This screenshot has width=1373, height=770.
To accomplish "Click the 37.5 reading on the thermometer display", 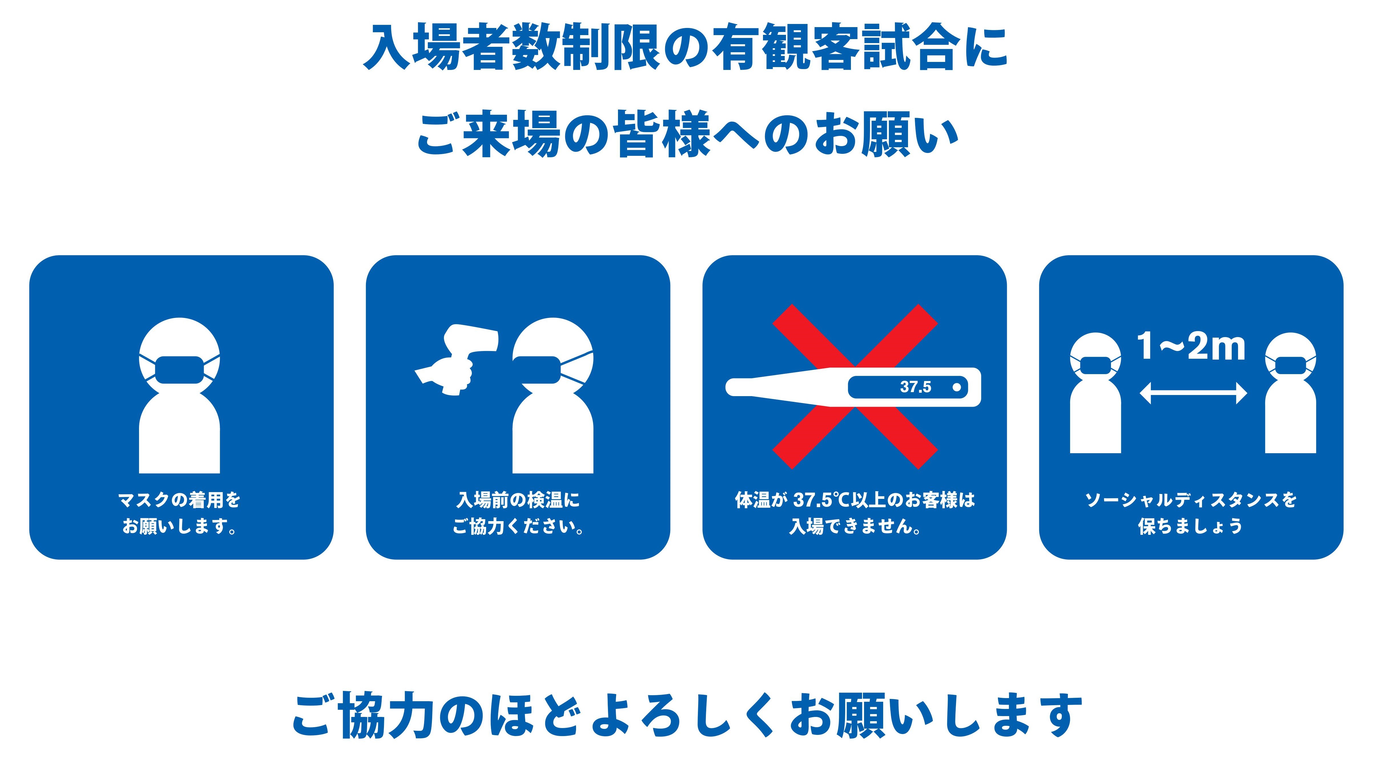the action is point(916,387).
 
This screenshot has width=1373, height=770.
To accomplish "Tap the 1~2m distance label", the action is point(1191,347).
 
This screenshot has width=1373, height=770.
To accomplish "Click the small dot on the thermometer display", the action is point(957,387).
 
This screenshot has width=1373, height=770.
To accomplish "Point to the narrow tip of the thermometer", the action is point(729,387).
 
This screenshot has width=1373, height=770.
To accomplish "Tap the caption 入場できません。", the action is point(855,527).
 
